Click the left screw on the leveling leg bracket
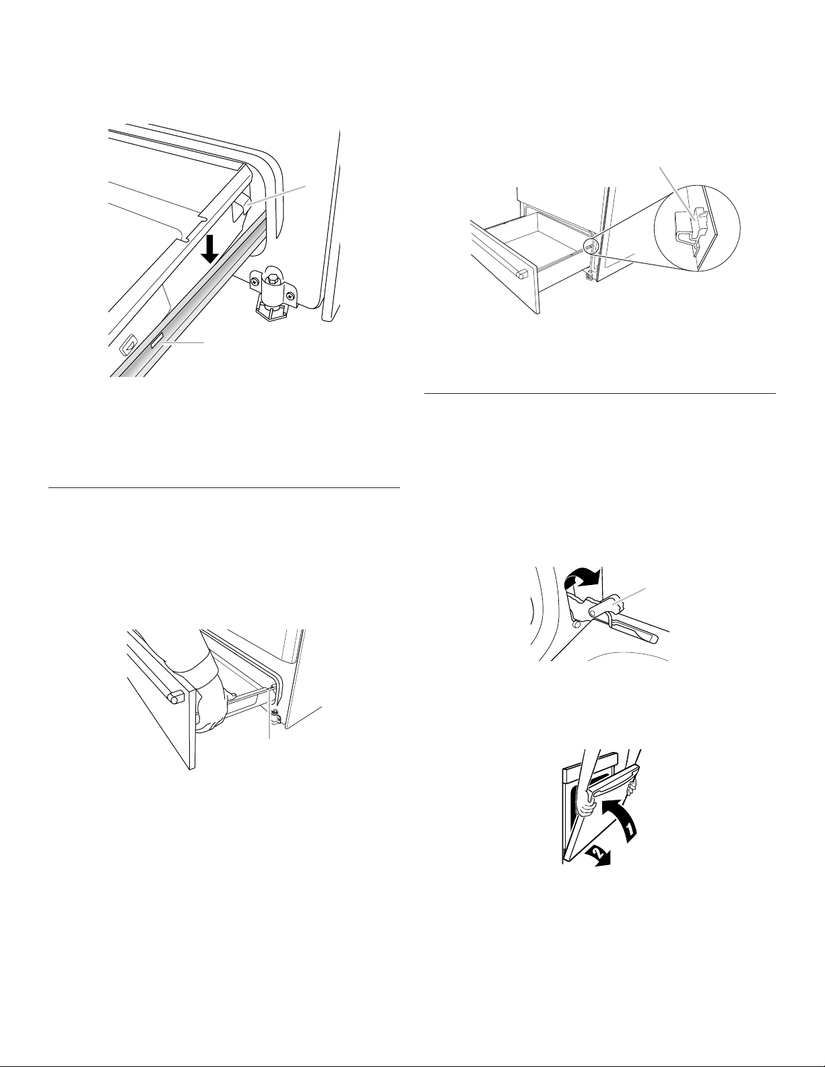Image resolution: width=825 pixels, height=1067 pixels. click(254, 282)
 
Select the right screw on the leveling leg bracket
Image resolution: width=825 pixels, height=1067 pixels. click(291, 296)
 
